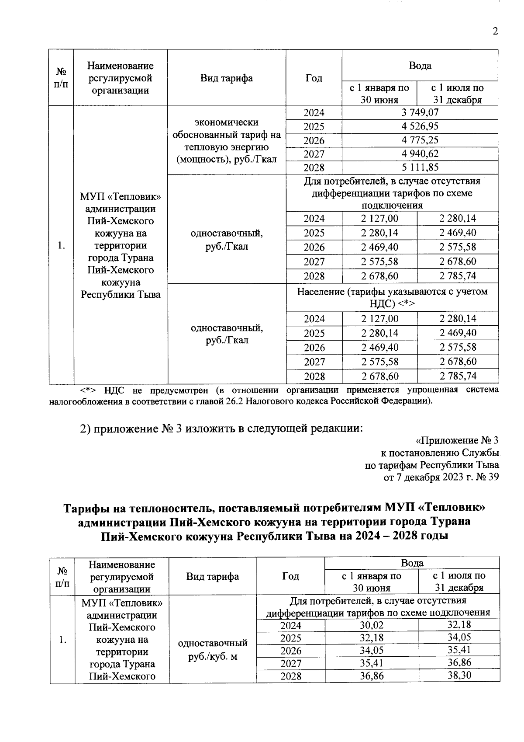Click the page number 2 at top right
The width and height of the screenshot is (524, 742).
tap(495, 31)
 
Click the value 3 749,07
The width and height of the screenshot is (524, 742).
tap(420, 113)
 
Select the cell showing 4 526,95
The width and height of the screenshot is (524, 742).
tap(420, 126)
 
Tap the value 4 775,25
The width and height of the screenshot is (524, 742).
tap(420, 140)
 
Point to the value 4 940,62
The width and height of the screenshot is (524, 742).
tap(420, 154)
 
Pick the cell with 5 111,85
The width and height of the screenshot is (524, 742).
tap(420, 167)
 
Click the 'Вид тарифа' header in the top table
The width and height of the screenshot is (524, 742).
tap(226, 78)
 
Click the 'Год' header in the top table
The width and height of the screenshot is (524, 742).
tap(314, 78)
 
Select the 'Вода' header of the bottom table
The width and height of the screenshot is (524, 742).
tap(412, 563)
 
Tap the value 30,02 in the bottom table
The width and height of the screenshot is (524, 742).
tap(371, 625)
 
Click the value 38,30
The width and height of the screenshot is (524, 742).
tap(459, 675)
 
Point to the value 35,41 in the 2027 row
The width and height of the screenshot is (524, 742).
tap(371, 663)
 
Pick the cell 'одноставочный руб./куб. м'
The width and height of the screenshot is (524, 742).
tap(213, 650)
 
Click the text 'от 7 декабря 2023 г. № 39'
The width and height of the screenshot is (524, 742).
tap(441, 477)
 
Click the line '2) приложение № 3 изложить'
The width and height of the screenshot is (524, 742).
tap(221, 428)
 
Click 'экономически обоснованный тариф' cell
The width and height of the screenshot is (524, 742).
tap(226, 140)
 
